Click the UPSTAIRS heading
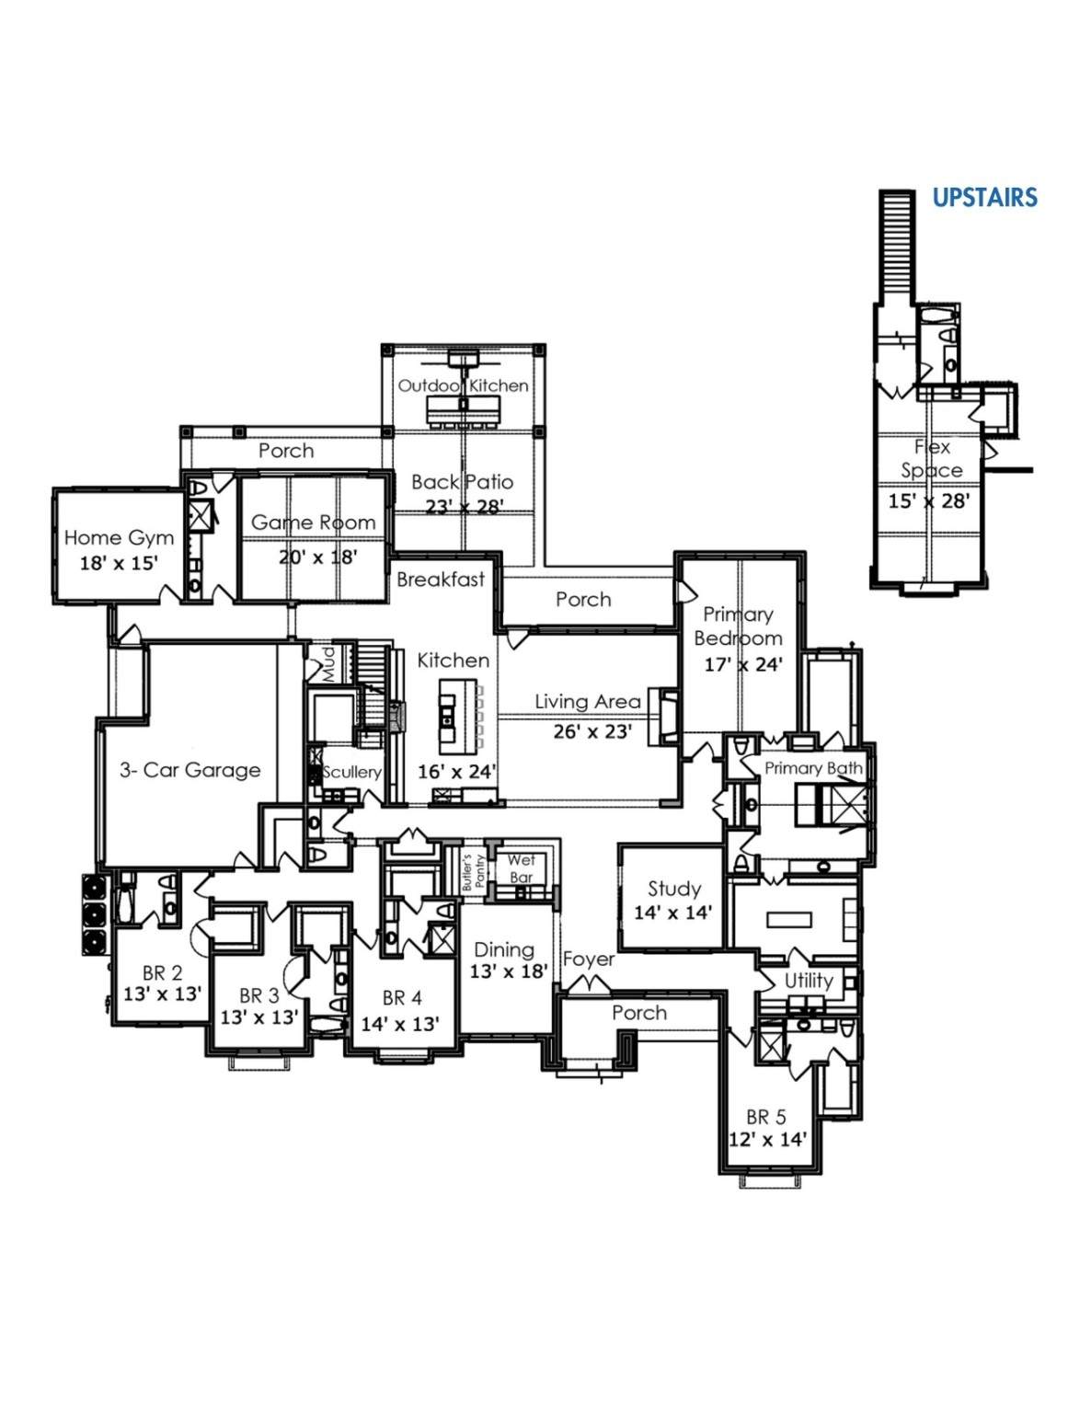(984, 197)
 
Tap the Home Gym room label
(119, 538)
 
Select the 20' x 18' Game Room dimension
(318, 557)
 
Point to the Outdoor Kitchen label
(463, 385)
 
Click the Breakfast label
(441, 579)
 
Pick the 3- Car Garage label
(189, 770)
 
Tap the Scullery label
(351, 772)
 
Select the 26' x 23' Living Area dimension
(592, 731)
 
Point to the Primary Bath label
(812, 768)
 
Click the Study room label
(674, 889)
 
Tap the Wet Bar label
(522, 868)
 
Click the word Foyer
(589, 959)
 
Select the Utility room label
(809, 981)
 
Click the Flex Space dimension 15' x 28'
(929, 500)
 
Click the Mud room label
(328, 663)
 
